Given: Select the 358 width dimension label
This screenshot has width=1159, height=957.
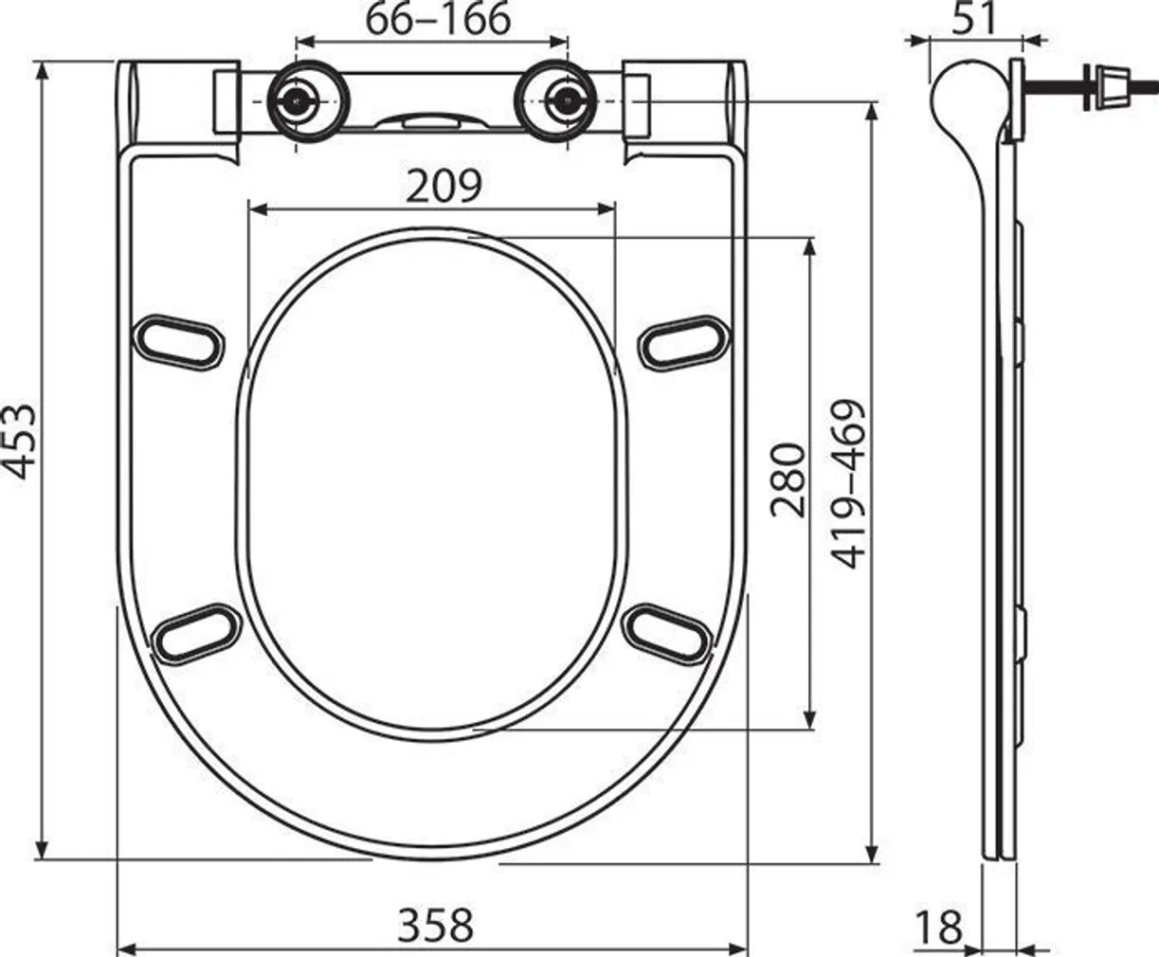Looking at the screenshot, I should click(434, 923).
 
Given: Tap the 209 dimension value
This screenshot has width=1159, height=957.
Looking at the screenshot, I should click(444, 187).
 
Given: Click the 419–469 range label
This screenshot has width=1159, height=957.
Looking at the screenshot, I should click(849, 483).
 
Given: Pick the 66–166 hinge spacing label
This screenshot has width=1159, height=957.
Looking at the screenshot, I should click(438, 19).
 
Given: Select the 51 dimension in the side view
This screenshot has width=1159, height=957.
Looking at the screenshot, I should click(975, 18).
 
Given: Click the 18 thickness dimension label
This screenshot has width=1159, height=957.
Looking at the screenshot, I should click(938, 927).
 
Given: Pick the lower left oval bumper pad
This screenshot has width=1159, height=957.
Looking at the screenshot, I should click(196, 629).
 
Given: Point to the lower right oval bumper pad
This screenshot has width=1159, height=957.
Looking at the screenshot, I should click(670, 629).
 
